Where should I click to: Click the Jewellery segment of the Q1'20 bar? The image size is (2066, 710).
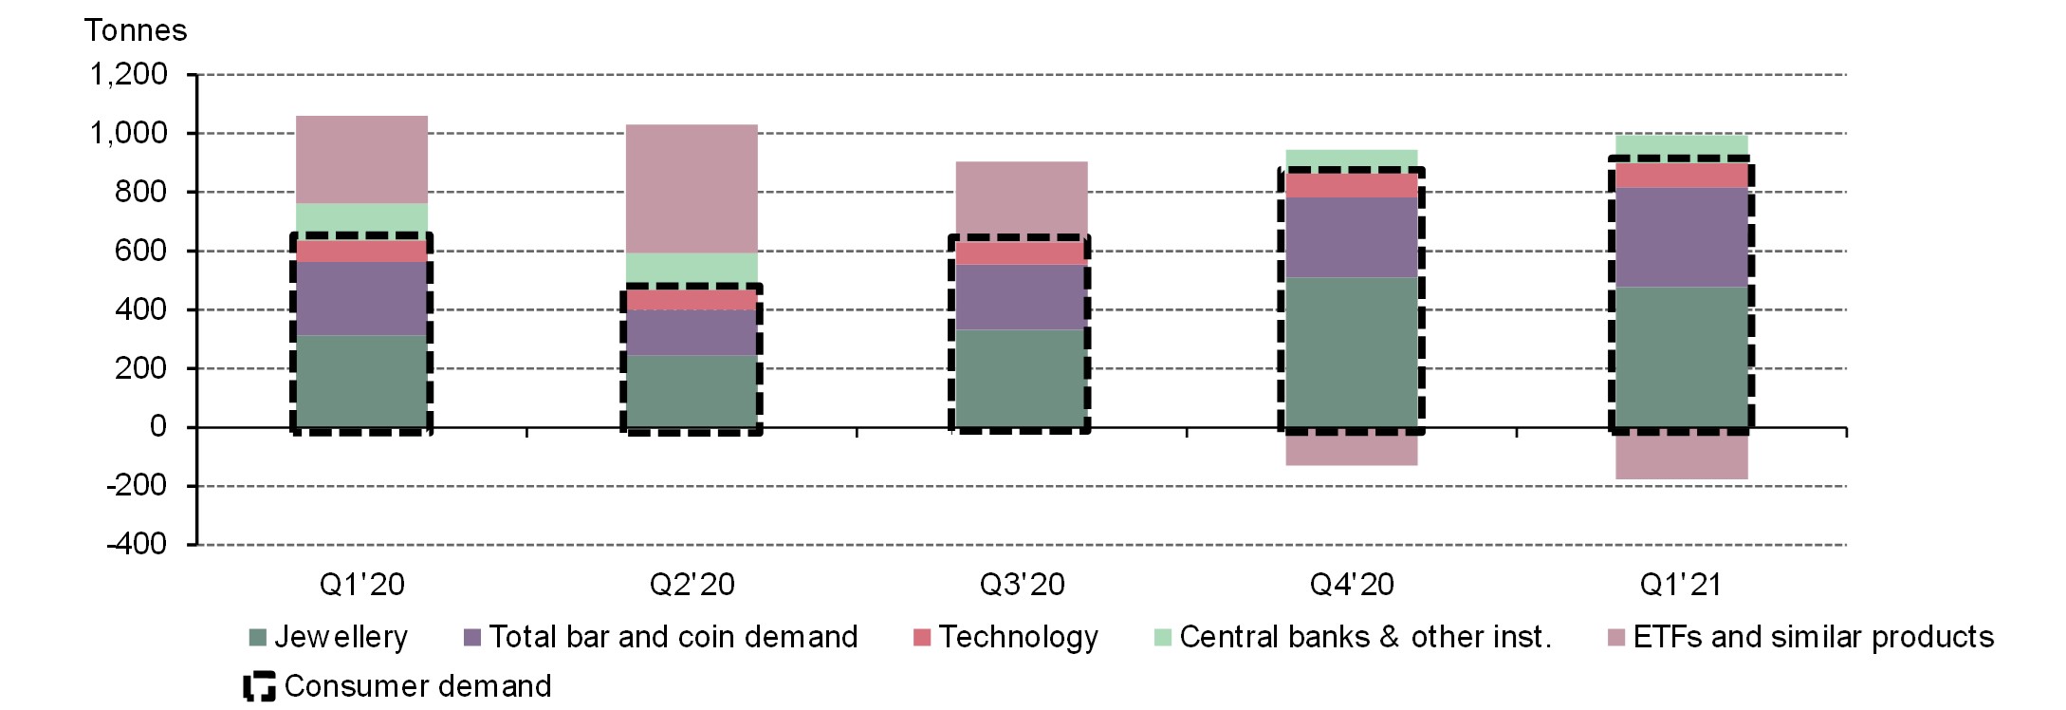pos(361,381)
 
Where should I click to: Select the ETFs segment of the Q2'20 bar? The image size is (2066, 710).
pos(691,188)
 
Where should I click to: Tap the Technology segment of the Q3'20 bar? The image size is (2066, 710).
pos(1021,252)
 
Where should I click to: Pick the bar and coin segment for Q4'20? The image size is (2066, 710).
pos(1351,237)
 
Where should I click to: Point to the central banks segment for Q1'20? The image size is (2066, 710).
pos(361,218)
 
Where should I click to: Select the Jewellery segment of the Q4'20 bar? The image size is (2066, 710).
pos(1351,351)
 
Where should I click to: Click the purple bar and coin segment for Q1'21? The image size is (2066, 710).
pos(1681,237)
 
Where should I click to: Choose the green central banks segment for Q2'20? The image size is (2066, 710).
pos(691,268)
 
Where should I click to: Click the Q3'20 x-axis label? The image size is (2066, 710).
pos(1022,584)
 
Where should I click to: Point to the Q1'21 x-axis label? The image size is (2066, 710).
pos(1681,584)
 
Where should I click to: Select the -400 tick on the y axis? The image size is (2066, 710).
pos(137,545)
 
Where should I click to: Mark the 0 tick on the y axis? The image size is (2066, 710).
pos(157,427)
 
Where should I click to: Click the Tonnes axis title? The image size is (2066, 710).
pos(136,30)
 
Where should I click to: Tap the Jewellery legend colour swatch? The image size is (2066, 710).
pos(257,637)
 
